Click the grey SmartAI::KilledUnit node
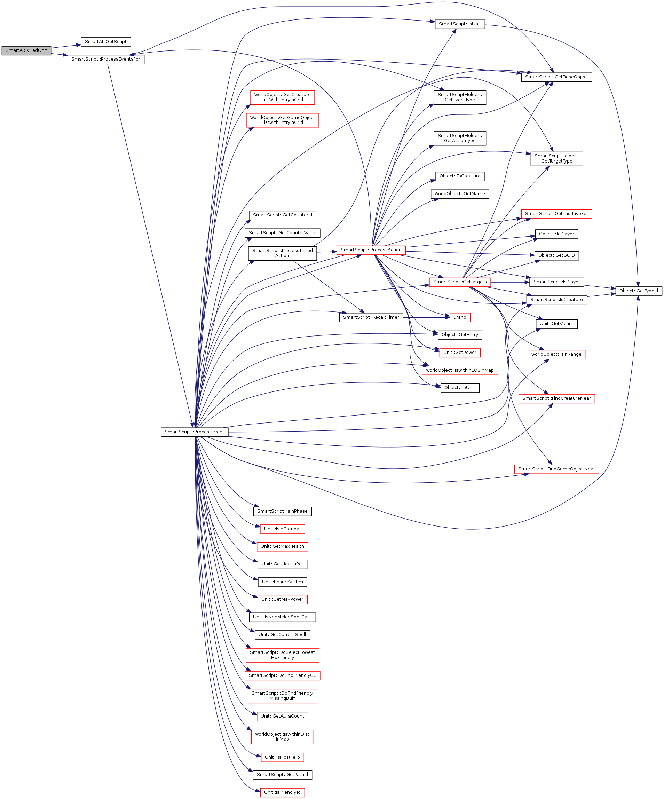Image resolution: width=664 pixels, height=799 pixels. coord(26,50)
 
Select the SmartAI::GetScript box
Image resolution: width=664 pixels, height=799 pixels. coord(106,42)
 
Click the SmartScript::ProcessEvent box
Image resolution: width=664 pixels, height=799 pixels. coord(195,432)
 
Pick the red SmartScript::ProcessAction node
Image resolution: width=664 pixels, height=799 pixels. coord(371,250)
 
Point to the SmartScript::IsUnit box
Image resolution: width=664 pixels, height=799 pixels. coord(460,24)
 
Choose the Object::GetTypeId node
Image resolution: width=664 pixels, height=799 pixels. coord(639,291)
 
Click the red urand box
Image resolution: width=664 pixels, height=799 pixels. coord(460,317)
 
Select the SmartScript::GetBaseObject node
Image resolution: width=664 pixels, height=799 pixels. coord(556,77)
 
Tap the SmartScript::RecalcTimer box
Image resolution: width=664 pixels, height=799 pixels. coord(371,317)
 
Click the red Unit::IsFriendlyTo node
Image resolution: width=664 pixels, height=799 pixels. coord(282,792)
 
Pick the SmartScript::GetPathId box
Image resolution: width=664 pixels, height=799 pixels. coord(282,775)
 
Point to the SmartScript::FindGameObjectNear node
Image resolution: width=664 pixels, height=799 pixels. coord(556,469)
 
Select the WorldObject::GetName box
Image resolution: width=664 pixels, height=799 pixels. coord(460,194)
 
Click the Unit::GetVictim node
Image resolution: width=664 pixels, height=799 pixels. coord(556,324)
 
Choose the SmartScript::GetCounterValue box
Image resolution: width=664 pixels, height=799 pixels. coord(282,233)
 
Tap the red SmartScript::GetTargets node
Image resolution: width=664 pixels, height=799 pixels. coord(460,282)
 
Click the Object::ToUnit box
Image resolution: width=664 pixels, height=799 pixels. coord(460,388)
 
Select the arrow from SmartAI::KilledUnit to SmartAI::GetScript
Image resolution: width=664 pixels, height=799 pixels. coord(66,46)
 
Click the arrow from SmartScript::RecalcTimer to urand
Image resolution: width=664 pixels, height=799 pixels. coord(426,317)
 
